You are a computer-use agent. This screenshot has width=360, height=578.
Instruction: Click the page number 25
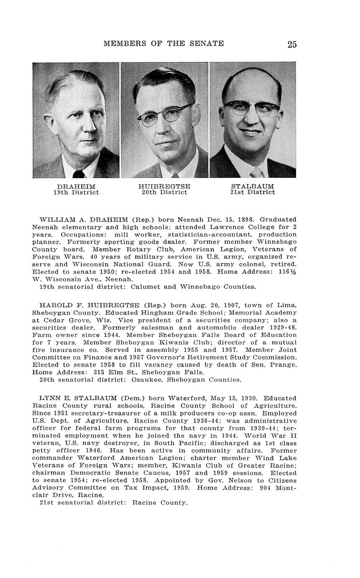(x=292, y=44)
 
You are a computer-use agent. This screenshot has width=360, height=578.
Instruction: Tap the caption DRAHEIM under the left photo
(x=76, y=186)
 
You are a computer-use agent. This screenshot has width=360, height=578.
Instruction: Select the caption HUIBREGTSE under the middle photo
(x=164, y=186)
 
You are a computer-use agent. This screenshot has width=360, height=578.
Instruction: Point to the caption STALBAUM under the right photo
(x=252, y=186)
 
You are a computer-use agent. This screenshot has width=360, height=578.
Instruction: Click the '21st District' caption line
(x=252, y=193)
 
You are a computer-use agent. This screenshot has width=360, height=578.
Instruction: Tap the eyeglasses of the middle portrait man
(x=166, y=114)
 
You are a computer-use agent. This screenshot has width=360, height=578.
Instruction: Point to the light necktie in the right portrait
(x=256, y=172)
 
